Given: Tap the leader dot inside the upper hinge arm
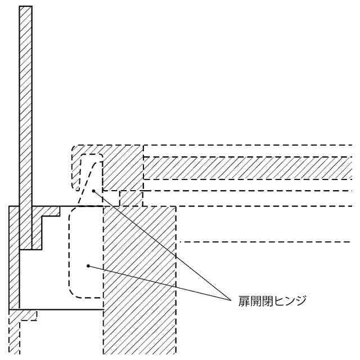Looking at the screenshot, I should [94, 191].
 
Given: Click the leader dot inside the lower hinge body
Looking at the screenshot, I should [88, 265].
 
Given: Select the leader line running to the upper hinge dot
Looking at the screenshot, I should [163, 245].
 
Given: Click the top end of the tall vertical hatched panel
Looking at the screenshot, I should [26, 8].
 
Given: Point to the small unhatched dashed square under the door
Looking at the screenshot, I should [131, 198].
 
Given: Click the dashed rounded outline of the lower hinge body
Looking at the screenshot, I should [70, 253].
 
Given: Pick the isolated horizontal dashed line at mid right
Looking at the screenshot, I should [264, 242].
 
